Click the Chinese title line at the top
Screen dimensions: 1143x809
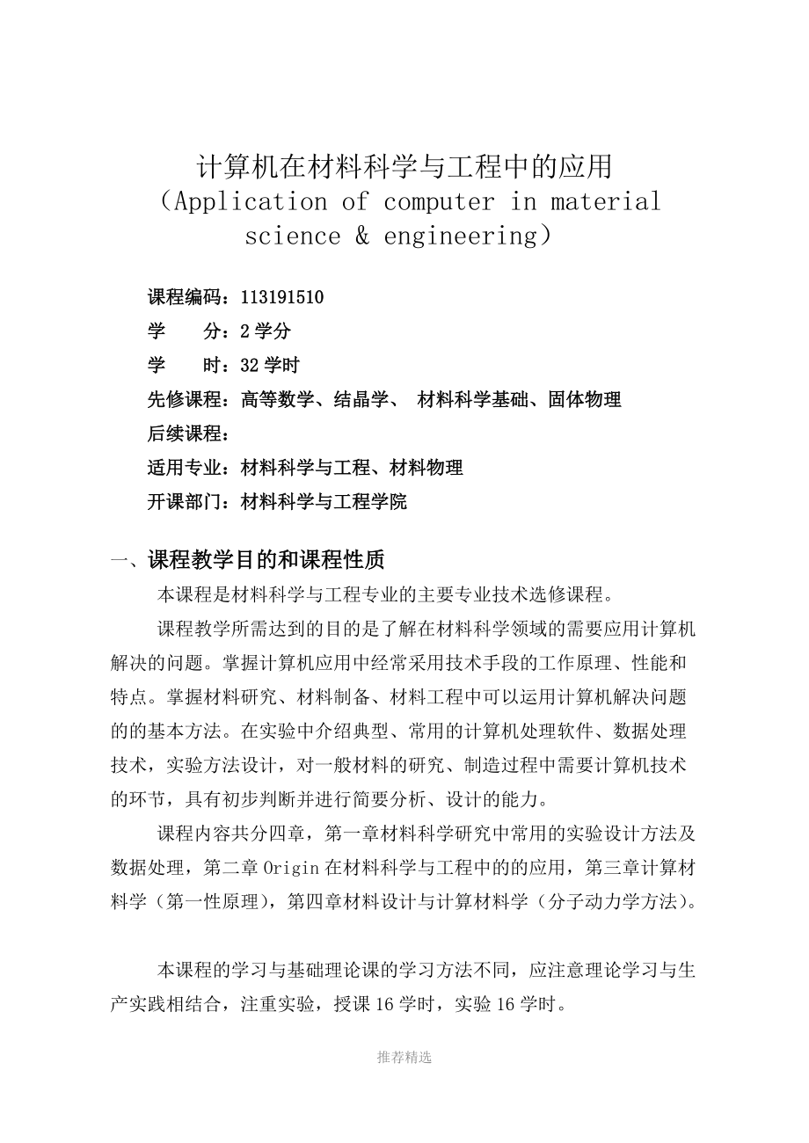tap(404, 165)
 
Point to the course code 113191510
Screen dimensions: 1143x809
tap(281, 297)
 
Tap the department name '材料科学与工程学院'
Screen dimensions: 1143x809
tap(323, 502)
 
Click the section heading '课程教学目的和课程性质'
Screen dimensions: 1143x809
tap(266, 558)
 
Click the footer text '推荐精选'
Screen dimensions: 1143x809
tap(404, 1058)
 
